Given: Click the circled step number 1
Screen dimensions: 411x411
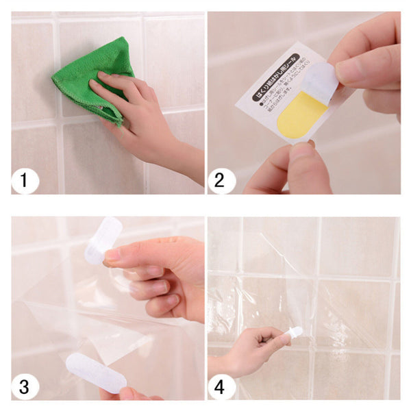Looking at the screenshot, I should pyautogui.click(x=25, y=182).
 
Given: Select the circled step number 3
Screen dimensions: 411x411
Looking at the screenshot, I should pyautogui.click(x=25, y=387).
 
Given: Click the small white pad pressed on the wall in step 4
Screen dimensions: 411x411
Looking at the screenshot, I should pyautogui.click(x=294, y=333).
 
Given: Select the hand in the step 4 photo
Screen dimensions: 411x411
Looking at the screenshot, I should pyautogui.click(x=264, y=339).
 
